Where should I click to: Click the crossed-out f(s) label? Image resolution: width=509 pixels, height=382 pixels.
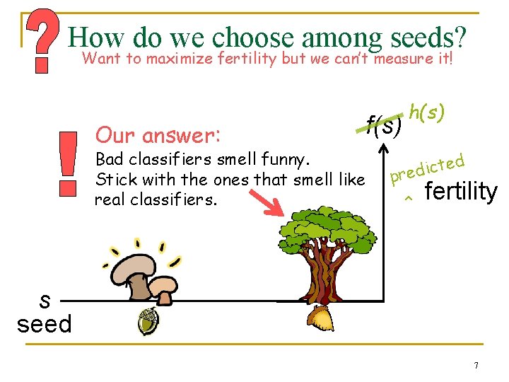click(384, 126)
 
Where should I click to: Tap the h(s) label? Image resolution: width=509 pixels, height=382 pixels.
click(427, 111)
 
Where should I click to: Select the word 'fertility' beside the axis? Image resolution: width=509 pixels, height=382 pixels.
click(460, 191)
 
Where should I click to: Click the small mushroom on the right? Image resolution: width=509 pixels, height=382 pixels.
click(165, 286)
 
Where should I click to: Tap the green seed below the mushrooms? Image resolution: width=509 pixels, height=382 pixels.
click(148, 322)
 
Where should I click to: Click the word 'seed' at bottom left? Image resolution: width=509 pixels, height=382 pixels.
click(45, 324)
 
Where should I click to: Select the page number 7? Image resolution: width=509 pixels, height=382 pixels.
click(476, 366)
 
